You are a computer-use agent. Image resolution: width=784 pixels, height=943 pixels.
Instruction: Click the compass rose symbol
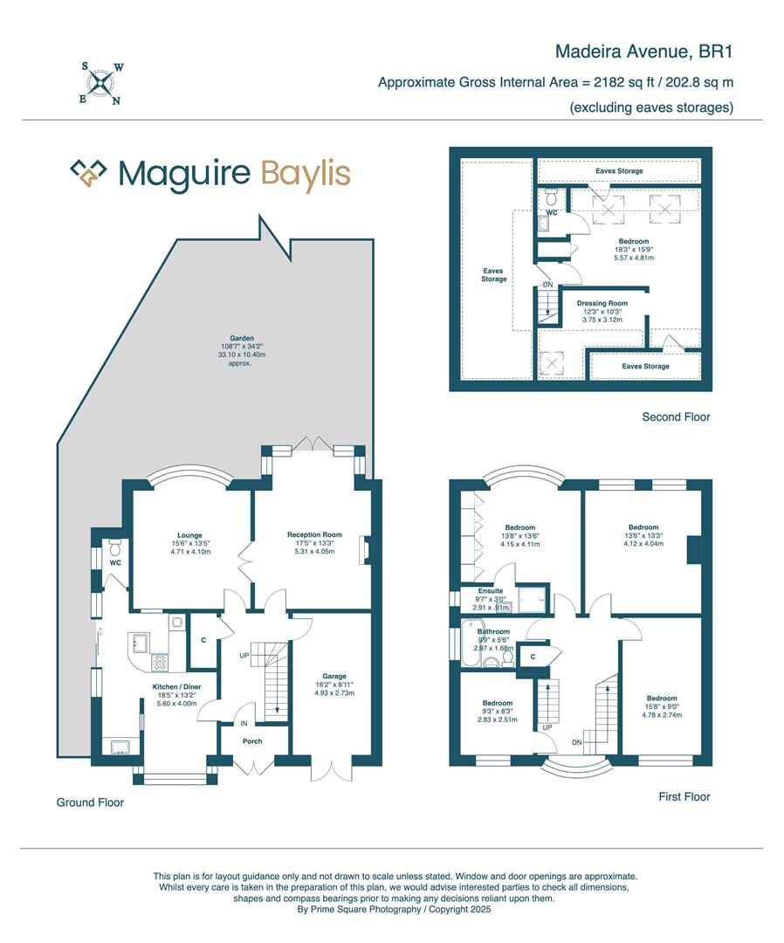(x=103, y=84)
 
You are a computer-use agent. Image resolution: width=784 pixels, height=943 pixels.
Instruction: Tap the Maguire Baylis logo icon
(x=88, y=173)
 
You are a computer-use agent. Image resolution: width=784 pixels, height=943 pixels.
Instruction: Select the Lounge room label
(x=189, y=535)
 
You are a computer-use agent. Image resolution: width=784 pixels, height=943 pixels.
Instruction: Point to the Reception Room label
(x=314, y=534)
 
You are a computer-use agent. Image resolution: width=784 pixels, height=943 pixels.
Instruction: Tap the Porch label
(x=251, y=741)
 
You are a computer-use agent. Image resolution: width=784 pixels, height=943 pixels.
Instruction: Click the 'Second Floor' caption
(x=676, y=417)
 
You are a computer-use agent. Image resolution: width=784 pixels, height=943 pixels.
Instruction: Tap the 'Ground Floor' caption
(x=90, y=802)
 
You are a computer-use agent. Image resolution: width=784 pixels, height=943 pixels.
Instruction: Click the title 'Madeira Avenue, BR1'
(x=643, y=52)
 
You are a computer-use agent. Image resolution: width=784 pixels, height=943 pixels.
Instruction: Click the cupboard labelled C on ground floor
(x=203, y=640)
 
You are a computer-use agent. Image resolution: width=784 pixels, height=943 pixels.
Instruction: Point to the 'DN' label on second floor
(x=547, y=286)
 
